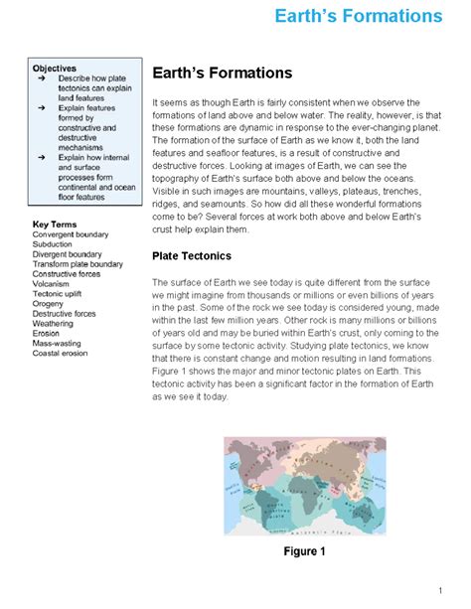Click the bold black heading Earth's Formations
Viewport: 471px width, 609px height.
pyautogui.click(x=222, y=74)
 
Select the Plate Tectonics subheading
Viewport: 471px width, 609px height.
pyautogui.click(x=192, y=255)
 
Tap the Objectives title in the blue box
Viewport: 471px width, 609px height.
pyautogui.click(x=55, y=68)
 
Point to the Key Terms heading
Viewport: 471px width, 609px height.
pyautogui.click(x=55, y=224)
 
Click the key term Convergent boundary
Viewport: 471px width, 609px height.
pyautogui.click(x=71, y=233)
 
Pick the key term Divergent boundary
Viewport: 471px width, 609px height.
pyautogui.click(x=68, y=253)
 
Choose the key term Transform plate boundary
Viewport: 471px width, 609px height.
pyautogui.click(x=78, y=264)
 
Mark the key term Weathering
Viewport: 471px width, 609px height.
pyautogui.click(x=53, y=324)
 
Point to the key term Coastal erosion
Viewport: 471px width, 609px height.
pyautogui.click(x=61, y=354)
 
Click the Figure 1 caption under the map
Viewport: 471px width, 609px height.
pyautogui.click(x=304, y=551)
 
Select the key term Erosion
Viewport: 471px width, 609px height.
pyautogui.click(x=47, y=334)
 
